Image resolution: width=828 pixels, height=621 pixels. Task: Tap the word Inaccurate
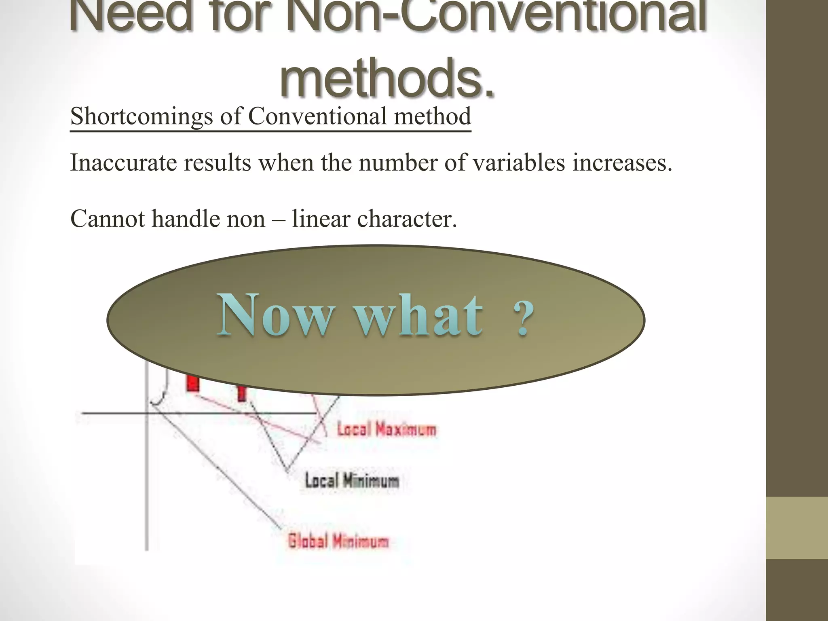(124, 163)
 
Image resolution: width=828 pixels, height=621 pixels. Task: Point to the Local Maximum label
(387, 429)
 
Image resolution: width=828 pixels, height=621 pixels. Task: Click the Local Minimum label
(352, 481)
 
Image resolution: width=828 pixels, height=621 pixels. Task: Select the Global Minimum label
(338, 541)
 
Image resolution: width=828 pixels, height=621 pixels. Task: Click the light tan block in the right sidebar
(797, 528)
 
